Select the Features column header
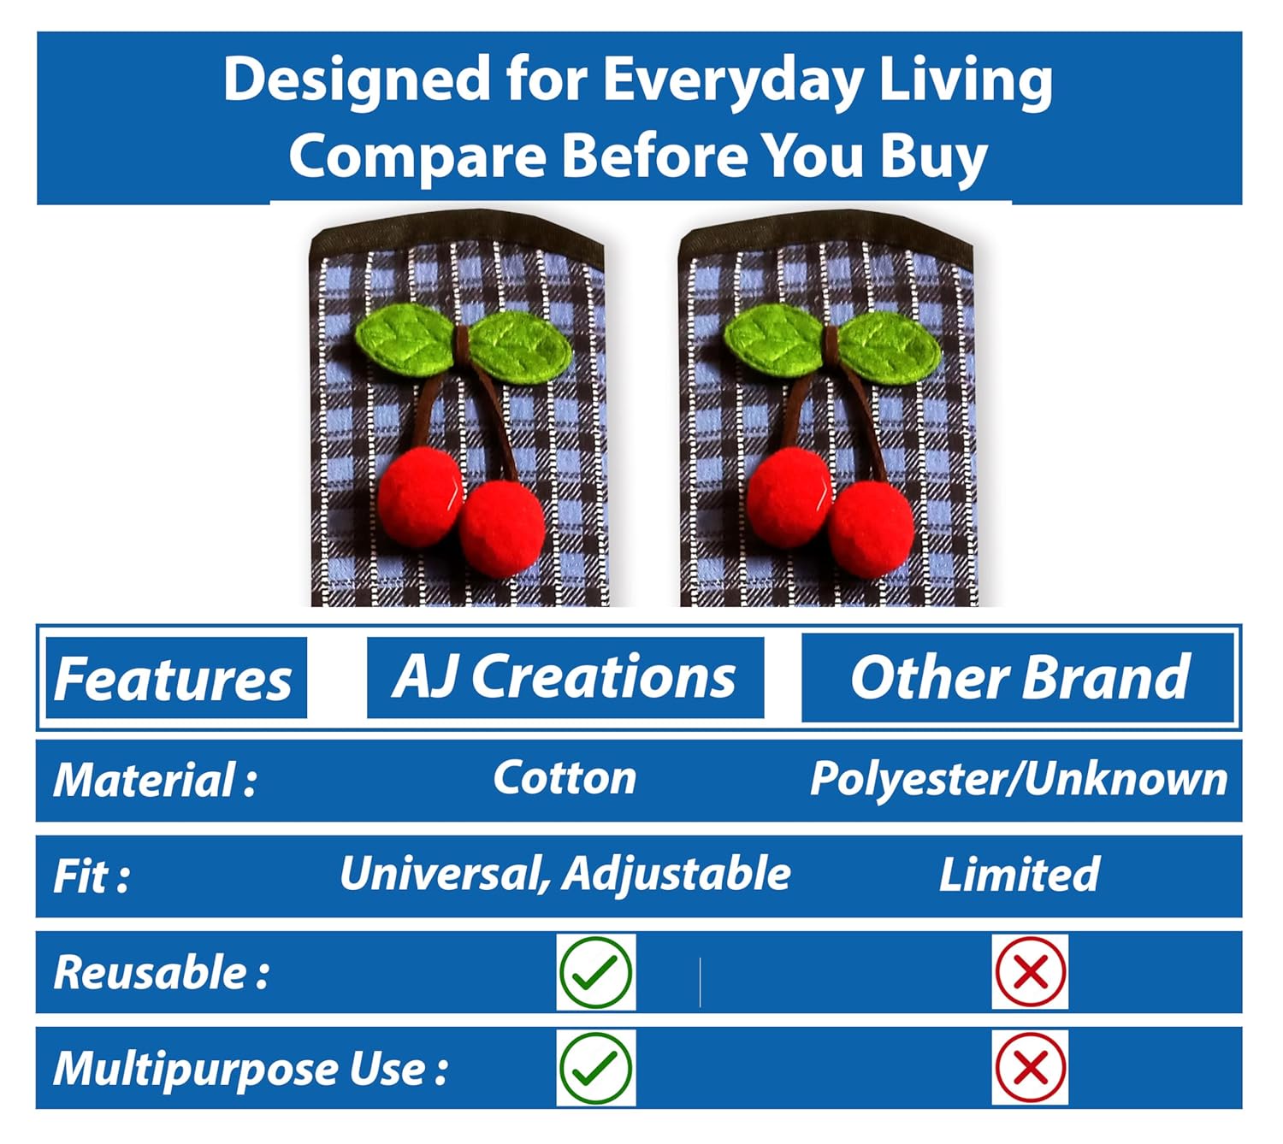click(x=173, y=679)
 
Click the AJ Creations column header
click(x=565, y=677)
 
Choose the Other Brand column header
click(x=1019, y=677)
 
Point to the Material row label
click(x=155, y=780)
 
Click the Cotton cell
click(x=565, y=778)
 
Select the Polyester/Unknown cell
click(x=1019, y=779)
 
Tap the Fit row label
click(x=92, y=876)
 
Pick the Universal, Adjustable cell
click(x=565, y=875)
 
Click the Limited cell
click(x=1019, y=875)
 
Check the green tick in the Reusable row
click(x=595, y=972)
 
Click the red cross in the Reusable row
click(x=1031, y=972)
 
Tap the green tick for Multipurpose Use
click(x=595, y=1068)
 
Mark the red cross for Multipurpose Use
click(x=1031, y=1067)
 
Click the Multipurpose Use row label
click(x=251, y=1070)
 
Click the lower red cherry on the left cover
click(x=502, y=528)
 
